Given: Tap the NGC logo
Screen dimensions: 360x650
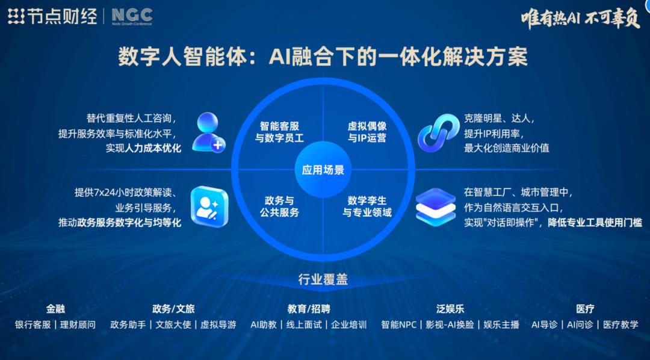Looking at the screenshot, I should click(x=132, y=16).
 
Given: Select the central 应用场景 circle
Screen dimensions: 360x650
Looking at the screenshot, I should click(x=323, y=170).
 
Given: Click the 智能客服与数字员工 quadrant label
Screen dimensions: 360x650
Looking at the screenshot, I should click(x=279, y=132).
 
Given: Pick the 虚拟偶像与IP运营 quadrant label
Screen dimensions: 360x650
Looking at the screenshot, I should click(x=367, y=132).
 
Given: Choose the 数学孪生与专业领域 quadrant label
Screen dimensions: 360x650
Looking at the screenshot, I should click(x=367, y=206).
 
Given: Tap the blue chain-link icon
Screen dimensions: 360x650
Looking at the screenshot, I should click(x=438, y=131).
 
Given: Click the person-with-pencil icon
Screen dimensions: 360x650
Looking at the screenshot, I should click(x=209, y=206).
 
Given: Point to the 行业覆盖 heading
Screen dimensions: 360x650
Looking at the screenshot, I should click(x=323, y=279).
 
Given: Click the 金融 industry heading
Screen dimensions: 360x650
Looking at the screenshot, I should click(x=55, y=309).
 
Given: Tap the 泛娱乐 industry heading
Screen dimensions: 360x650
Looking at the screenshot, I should click(x=450, y=309).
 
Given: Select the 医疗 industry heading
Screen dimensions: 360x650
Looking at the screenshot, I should click(x=585, y=309).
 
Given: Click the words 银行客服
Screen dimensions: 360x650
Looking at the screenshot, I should click(x=33, y=324).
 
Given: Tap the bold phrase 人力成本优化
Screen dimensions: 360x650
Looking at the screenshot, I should click(x=153, y=148).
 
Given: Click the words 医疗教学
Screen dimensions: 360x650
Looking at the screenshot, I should click(x=621, y=324).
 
